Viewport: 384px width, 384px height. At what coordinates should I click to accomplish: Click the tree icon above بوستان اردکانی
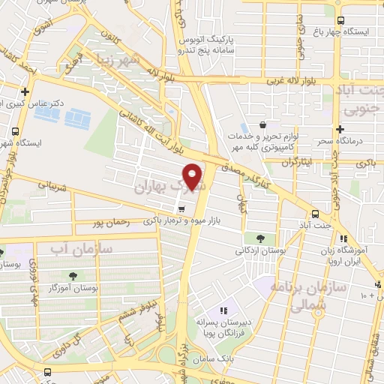click(x=259, y=238)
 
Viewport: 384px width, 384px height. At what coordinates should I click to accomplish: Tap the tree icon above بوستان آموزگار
click(x=73, y=276)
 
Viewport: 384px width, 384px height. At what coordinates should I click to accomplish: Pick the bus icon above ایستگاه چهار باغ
click(x=341, y=21)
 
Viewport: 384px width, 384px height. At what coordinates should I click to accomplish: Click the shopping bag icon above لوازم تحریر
click(x=262, y=124)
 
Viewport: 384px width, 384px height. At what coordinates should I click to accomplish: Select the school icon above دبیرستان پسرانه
click(x=223, y=310)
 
